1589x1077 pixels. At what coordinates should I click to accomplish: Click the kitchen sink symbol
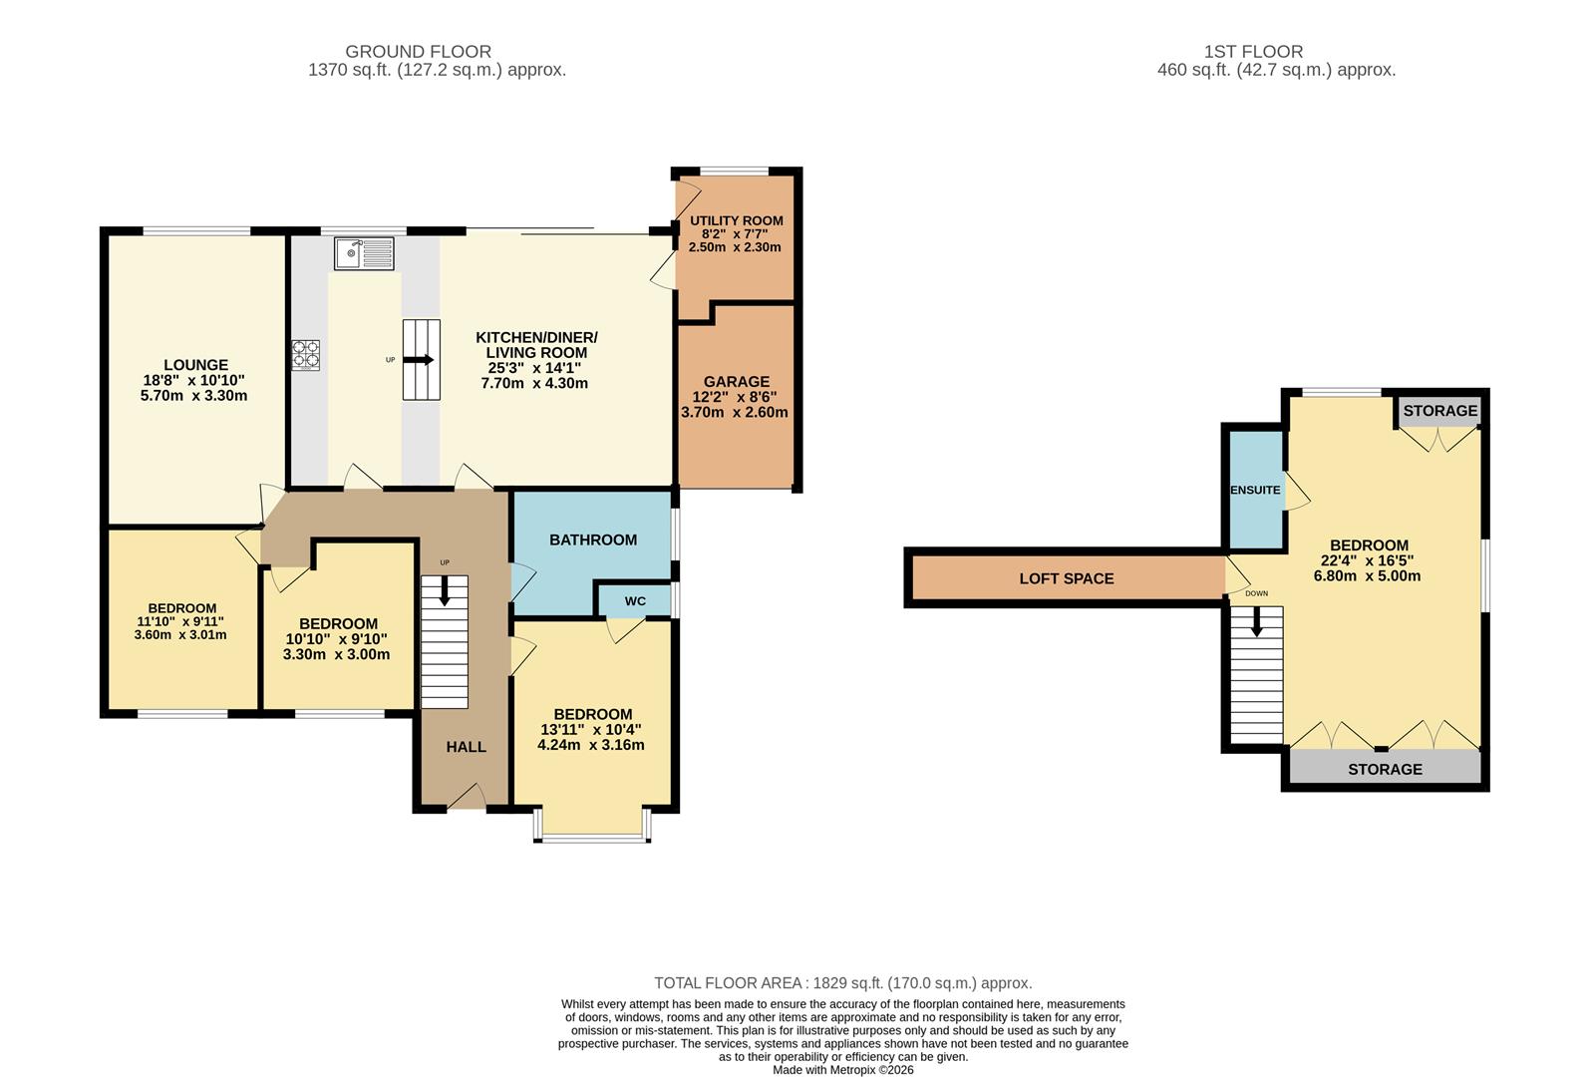[x=364, y=253]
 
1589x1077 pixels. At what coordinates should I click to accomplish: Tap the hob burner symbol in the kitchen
[x=306, y=355]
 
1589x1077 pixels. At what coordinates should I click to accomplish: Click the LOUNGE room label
[x=196, y=365]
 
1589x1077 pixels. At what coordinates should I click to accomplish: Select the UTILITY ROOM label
[x=736, y=220]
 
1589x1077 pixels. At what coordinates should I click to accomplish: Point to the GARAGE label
[x=736, y=381]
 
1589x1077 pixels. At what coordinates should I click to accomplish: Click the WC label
[x=635, y=601]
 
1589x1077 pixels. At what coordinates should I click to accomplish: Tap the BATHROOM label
[x=593, y=539]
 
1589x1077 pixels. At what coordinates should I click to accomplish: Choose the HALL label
[x=466, y=746]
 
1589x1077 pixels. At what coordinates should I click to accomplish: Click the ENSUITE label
[x=1255, y=490]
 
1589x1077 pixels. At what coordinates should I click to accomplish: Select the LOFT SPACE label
[x=1066, y=578]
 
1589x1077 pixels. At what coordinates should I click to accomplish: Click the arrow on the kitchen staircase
[x=422, y=360]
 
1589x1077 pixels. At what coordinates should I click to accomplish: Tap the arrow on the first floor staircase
[x=1256, y=622]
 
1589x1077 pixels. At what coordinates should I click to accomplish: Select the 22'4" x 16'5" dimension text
[x=1368, y=560]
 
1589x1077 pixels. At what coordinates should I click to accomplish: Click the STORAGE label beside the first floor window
[x=1439, y=410]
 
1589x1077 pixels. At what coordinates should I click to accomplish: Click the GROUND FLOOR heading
[x=418, y=51]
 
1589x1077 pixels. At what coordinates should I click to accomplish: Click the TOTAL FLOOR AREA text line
[x=842, y=982]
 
